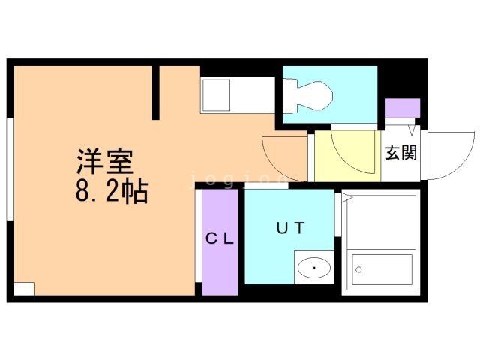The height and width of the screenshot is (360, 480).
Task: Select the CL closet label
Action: (x=220, y=239)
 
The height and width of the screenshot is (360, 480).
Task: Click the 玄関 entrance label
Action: (x=401, y=154)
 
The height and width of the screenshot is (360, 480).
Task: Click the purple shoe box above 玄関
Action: (x=403, y=108)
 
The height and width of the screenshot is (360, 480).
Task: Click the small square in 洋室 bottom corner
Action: (x=24, y=288)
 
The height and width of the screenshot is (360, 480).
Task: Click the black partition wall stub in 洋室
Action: (x=156, y=92)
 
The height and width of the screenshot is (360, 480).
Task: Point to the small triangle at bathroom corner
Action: (x=347, y=198)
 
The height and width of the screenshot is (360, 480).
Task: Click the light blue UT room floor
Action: (x=270, y=255)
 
